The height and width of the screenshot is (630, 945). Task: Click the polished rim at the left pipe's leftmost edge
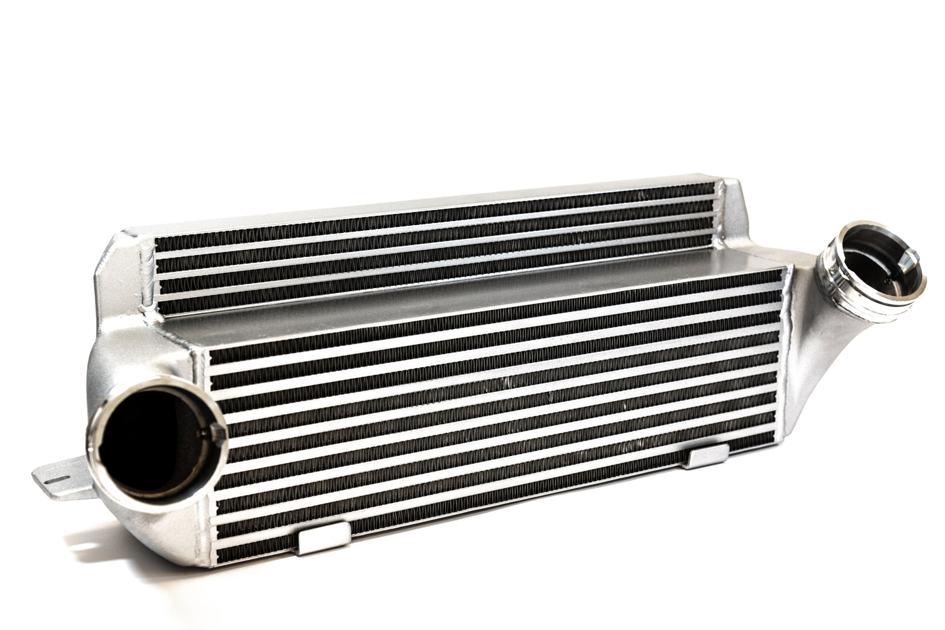tap(99, 435)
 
